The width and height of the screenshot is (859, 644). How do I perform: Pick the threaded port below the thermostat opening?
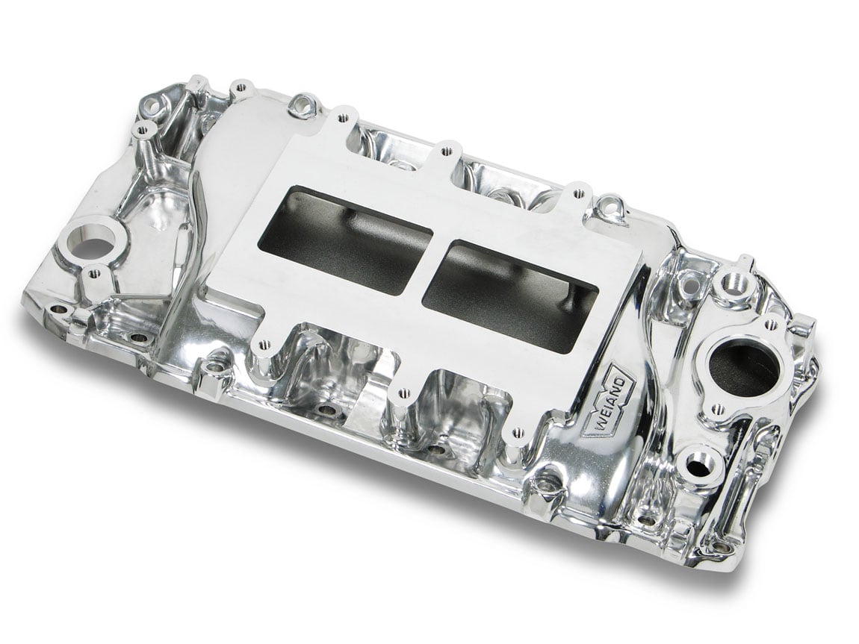pyautogui.click(x=695, y=466)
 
